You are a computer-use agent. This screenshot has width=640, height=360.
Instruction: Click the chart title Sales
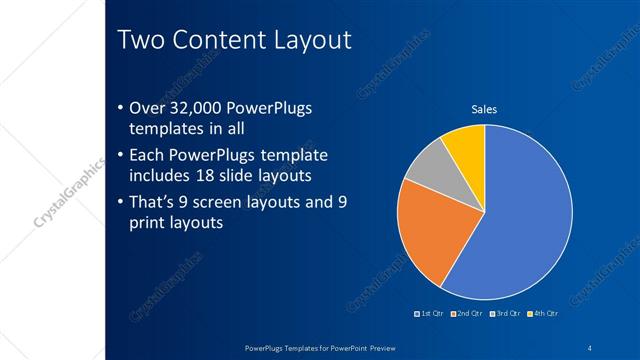pyautogui.click(x=484, y=109)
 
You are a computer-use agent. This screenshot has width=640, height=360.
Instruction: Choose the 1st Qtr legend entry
pyautogui.click(x=432, y=314)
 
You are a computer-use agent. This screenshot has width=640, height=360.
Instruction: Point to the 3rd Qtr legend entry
pyautogui.click(x=507, y=314)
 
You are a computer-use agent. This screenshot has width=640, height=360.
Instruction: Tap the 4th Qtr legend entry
pyautogui.click(x=543, y=314)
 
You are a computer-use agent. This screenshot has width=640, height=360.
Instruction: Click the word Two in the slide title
pyautogui.click(x=142, y=40)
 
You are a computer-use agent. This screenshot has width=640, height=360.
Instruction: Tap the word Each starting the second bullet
pyautogui.click(x=148, y=156)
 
